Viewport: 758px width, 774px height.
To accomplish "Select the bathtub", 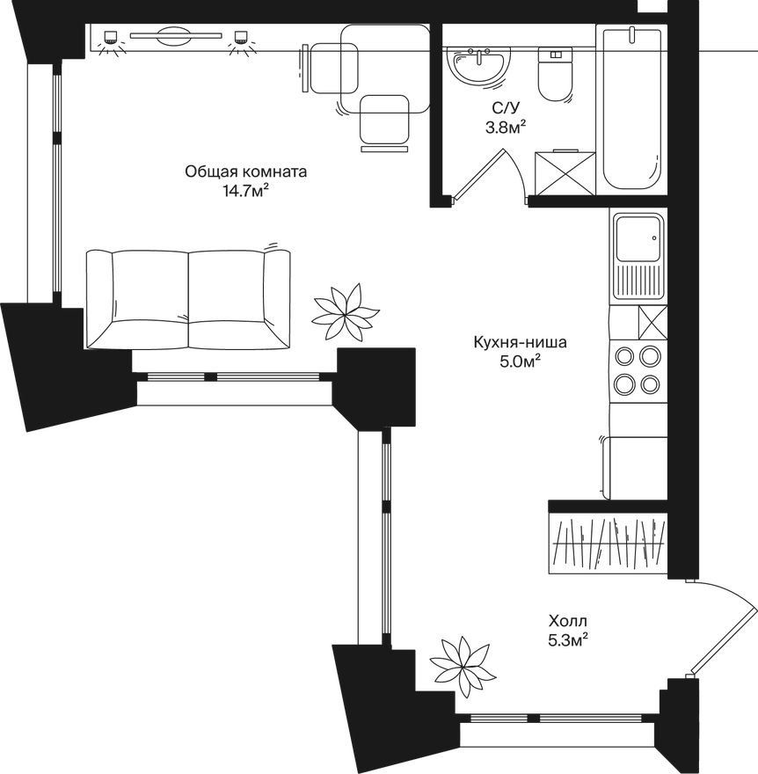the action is (631, 108).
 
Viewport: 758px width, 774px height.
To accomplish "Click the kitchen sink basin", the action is (638, 238).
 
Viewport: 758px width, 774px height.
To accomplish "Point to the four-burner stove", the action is (638, 370).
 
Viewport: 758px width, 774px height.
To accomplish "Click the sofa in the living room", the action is (187, 299).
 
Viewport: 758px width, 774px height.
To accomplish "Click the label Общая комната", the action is (245, 172).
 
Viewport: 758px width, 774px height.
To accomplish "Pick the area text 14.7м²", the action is (246, 191).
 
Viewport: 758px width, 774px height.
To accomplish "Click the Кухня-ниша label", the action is (520, 342).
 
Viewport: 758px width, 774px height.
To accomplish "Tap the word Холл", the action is (568, 620).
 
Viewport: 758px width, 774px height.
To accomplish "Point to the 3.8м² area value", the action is (505, 128).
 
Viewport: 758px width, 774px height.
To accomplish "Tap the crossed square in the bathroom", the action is (565, 172).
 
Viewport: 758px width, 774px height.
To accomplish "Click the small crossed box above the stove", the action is (652, 323).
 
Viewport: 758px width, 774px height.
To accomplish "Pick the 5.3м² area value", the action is (568, 640).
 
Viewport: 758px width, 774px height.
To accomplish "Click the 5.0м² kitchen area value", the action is (521, 361).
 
